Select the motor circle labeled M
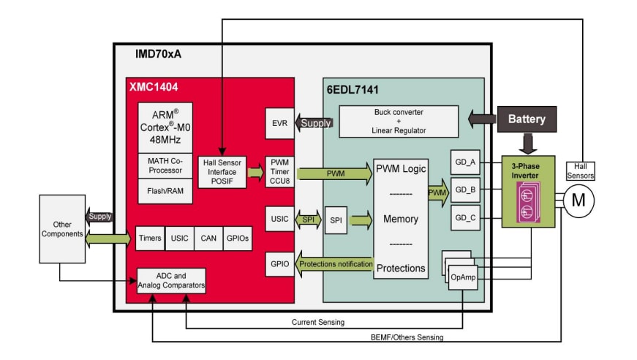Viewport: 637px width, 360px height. (578, 200)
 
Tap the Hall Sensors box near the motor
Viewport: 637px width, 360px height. (581, 170)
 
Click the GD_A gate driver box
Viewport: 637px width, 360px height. (465, 162)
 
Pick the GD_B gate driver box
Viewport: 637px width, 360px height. (465, 189)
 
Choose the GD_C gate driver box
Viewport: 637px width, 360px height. (465, 217)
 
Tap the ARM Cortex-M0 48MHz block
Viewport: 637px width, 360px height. (170, 127)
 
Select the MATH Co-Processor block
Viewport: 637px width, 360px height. (170, 165)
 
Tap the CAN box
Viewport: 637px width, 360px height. (208, 238)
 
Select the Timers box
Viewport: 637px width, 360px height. (149, 238)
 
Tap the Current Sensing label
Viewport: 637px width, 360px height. (317, 322)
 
